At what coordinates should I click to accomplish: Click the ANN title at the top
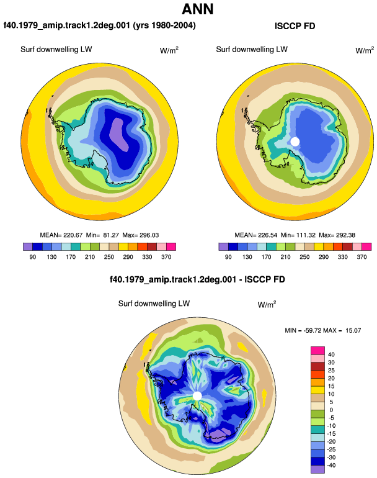[197, 9]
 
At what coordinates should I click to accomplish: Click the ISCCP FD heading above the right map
[295, 26]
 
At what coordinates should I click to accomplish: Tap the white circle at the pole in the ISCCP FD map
[295, 142]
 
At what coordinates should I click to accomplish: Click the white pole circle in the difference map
[197, 395]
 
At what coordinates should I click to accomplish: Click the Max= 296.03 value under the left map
[140, 235]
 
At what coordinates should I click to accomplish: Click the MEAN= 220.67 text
[61, 235]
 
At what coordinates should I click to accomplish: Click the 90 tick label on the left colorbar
[33, 257]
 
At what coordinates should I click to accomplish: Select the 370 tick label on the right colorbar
[361, 257]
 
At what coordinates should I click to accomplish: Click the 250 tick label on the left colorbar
[109, 257]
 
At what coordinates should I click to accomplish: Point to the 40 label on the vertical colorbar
[331, 354]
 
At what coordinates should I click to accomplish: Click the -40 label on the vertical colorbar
[331, 466]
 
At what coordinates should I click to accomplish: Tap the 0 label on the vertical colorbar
[331, 410]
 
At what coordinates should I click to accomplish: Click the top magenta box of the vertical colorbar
[317, 351]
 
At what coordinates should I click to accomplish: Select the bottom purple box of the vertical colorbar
[317, 469]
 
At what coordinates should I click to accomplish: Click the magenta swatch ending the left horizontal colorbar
[171, 246]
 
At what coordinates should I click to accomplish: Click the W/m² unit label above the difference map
[267, 304]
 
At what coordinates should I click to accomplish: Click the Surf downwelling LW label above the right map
[252, 50]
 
